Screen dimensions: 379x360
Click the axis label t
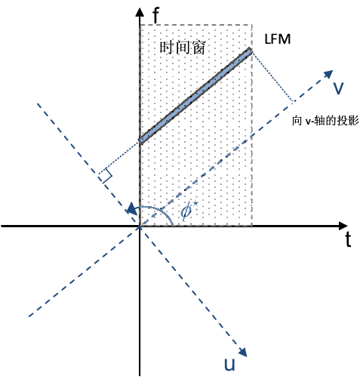[x=348, y=241]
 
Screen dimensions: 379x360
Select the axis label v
[x=339, y=88]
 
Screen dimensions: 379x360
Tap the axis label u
[x=229, y=365]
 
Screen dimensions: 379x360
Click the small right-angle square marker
[x=105, y=175]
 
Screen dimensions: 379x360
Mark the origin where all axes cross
[x=140, y=226]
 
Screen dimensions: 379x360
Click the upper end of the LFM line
[x=250, y=51]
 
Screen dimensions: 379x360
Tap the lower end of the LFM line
[x=141, y=140]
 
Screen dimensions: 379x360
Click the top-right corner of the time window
[x=251, y=25]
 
